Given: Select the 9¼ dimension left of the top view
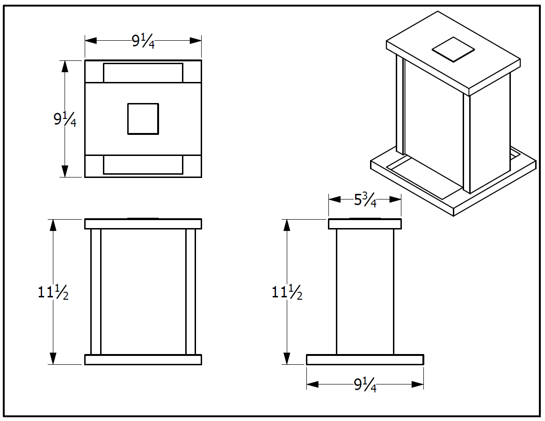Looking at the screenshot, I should [x=65, y=120].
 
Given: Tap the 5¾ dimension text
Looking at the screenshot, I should [x=365, y=200].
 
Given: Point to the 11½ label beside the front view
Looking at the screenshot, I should [x=53, y=293].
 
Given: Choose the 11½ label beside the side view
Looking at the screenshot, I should [x=287, y=293].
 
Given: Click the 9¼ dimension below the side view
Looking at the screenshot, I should [x=365, y=385].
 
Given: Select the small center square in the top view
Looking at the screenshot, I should [x=143, y=119].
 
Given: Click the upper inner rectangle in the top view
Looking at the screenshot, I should [x=143, y=73].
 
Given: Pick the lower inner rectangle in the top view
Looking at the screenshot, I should [x=143, y=165].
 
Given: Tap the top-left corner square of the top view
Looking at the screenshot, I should [x=94, y=72].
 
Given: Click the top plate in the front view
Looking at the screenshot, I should [x=143, y=224].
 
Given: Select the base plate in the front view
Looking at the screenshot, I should [x=143, y=360].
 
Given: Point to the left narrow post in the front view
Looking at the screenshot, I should [x=95, y=291].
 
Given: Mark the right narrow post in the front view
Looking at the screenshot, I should [x=190, y=291].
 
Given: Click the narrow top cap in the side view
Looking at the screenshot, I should [x=365, y=224].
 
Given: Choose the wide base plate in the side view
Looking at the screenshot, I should [x=365, y=360].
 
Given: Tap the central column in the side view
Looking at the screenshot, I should [x=365, y=291].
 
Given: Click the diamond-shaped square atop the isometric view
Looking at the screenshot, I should [x=453, y=49].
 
